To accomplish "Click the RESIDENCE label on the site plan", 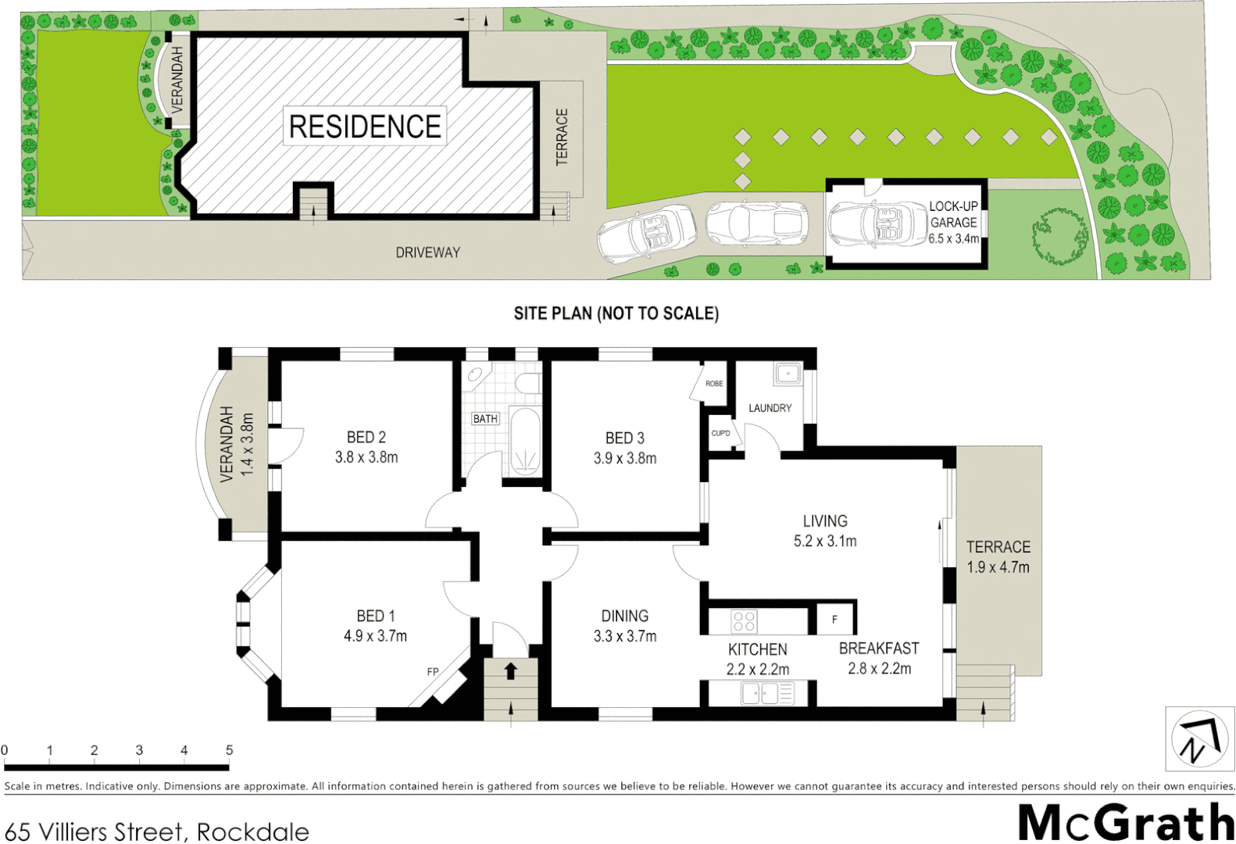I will click(x=365, y=127).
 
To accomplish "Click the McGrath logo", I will click(x=1126, y=822).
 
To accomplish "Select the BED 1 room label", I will click(x=375, y=616).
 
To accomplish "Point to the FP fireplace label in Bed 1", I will click(x=433, y=671).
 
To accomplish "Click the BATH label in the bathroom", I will click(x=485, y=419).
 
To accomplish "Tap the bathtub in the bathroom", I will click(x=525, y=442).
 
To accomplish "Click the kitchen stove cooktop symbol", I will click(x=744, y=621).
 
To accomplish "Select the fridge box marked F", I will click(x=835, y=619).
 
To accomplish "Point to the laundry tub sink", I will click(x=788, y=374).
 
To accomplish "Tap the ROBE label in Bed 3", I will click(x=713, y=384).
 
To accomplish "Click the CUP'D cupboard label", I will click(x=720, y=433).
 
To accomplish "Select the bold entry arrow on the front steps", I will click(x=511, y=671).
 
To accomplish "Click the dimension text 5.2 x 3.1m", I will click(x=825, y=541).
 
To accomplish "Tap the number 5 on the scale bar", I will click(x=229, y=750).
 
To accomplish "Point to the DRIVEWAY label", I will click(x=427, y=252).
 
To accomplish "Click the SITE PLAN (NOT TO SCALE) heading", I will click(x=616, y=313).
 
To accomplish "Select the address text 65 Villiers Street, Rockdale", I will click(x=156, y=831).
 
